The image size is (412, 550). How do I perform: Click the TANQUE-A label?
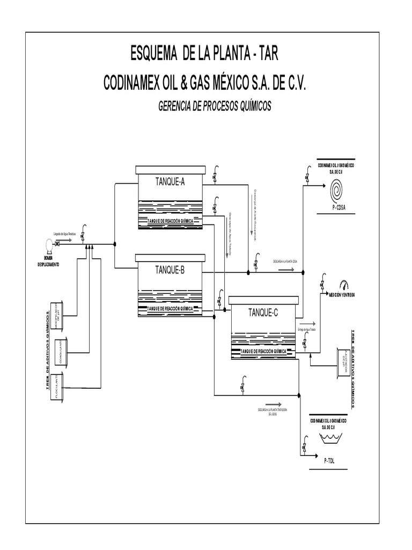tap(170, 182)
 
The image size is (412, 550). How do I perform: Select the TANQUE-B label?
tap(170, 270)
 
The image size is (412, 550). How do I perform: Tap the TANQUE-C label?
tap(262, 313)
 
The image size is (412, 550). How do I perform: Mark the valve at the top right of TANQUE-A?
tap(215, 175)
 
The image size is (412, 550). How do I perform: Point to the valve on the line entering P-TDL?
tap(304, 447)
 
